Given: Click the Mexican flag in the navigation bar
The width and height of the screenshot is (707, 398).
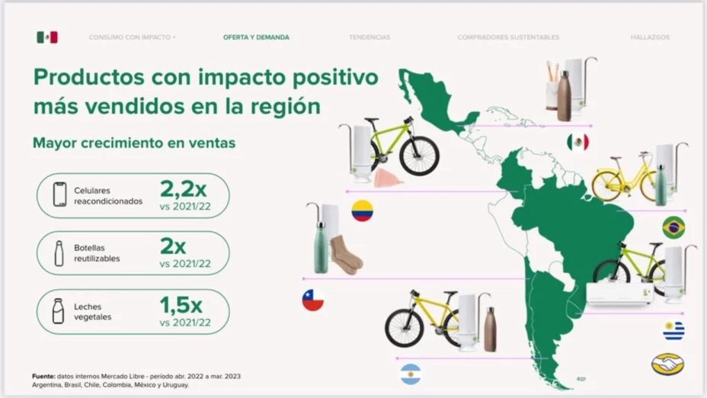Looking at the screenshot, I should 47,37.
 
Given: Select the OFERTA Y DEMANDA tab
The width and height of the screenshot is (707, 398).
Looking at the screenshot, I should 256,37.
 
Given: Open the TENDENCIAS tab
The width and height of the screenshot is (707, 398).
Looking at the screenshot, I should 369,37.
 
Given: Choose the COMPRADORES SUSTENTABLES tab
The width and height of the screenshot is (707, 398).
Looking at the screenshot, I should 508,37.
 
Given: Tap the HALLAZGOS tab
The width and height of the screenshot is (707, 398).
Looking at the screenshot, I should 650,37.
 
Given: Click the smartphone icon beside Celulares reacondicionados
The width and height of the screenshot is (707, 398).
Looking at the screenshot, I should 59,194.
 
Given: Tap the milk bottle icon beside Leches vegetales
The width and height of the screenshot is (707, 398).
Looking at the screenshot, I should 58,310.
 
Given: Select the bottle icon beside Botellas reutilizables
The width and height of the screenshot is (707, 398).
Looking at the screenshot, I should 59,252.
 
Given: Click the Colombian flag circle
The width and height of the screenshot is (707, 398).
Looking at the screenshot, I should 362,210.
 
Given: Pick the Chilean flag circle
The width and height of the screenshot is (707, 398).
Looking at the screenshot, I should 312,300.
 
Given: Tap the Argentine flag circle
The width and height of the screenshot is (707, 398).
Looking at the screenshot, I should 411,374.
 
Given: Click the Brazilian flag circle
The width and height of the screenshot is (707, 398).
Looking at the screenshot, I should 673,227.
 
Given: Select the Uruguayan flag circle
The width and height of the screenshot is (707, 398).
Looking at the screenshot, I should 673,330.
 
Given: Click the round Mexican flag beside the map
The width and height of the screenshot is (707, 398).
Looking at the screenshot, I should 577,142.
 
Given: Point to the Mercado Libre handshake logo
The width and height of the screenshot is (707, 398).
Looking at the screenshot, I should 667,364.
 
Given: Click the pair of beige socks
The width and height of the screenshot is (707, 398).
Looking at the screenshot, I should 347,255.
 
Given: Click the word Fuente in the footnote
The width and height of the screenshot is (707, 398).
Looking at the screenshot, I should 42,376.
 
